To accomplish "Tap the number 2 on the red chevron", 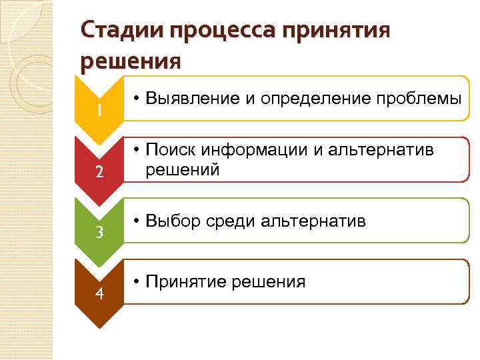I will [99, 171].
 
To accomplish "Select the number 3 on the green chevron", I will [99, 233].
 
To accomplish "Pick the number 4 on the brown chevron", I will [99, 294].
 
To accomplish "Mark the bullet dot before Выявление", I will [135, 99].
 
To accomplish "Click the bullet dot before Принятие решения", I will [135, 281].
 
